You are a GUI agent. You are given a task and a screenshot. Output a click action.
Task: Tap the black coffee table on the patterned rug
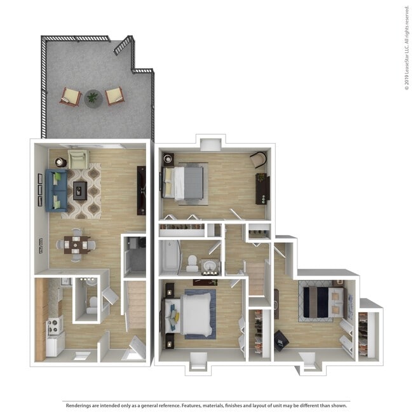point(80,189)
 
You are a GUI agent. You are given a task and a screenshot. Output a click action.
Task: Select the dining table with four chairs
point(75,244)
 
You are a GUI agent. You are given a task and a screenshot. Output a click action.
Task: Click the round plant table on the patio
point(93,98)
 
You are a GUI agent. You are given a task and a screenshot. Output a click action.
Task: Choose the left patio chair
point(71,97)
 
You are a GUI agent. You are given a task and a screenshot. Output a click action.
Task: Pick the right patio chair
point(115,96)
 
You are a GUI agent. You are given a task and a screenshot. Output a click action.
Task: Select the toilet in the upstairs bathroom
point(191,262)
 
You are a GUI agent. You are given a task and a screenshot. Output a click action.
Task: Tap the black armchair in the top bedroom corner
point(258,160)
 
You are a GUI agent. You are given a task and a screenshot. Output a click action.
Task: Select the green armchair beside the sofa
point(78,159)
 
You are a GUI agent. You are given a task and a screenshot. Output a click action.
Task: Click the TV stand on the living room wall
point(141,190)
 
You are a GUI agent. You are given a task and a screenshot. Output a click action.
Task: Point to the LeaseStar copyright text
point(406,48)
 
